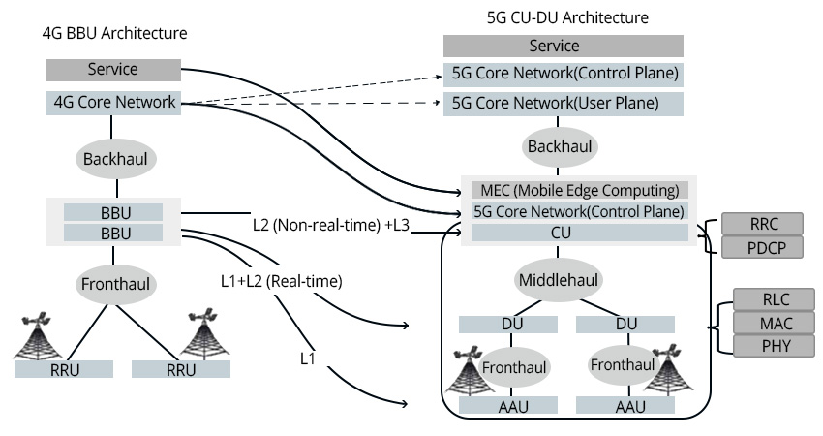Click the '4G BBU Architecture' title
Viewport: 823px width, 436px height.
click(x=114, y=33)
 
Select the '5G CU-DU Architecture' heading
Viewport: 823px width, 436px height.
click(x=567, y=17)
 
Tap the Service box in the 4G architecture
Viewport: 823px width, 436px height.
click(x=113, y=70)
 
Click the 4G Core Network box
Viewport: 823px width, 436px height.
click(x=113, y=101)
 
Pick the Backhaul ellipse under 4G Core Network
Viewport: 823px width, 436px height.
click(x=113, y=155)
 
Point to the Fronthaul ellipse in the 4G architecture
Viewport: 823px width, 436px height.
click(x=113, y=285)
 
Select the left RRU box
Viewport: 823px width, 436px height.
click(x=64, y=369)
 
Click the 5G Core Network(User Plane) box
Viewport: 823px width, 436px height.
click(x=564, y=103)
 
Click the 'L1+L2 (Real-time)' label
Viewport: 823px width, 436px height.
click(x=282, y=281)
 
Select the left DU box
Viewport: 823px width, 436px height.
click(x=512, y=323)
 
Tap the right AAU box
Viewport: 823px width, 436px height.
click(x=630, y=406)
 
